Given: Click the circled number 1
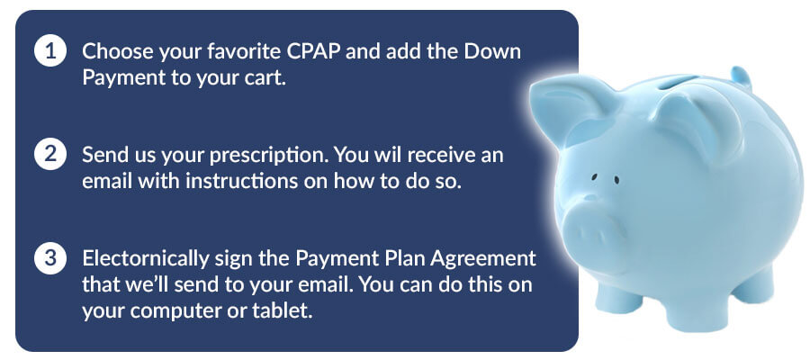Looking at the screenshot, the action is pos(50,51).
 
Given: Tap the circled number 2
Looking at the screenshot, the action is pos(50,155).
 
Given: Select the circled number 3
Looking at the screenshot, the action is pos(50,257).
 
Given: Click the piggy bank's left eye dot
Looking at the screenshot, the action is pos(594,177).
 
